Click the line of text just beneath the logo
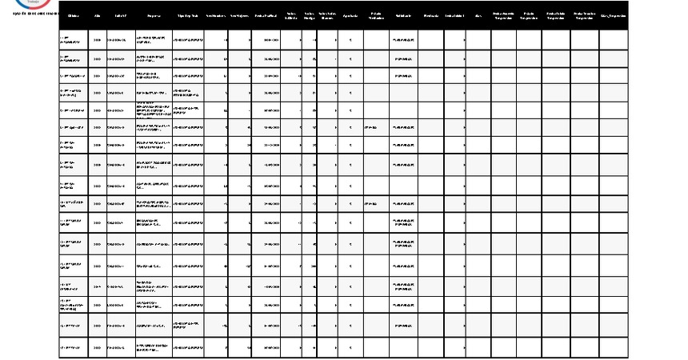coord(30,13)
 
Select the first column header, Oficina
coord(74,16)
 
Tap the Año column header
coord(98,16)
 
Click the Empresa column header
coord(153,16)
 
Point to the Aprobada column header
coord(350,16)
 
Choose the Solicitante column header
coord(403,16)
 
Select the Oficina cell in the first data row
coord(74,39)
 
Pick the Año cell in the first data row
coord(98,39)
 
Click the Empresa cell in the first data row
coord(153,39)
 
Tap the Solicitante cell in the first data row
coord(403,39)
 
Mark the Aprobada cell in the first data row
coord(350,39)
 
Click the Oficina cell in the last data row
coord(74,348)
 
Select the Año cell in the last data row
coord(98,348)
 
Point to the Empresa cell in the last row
coord(153,348)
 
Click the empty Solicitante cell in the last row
coord(403,348)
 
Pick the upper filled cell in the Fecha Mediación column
coord(375,126)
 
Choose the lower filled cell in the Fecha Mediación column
coord(375,204)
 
